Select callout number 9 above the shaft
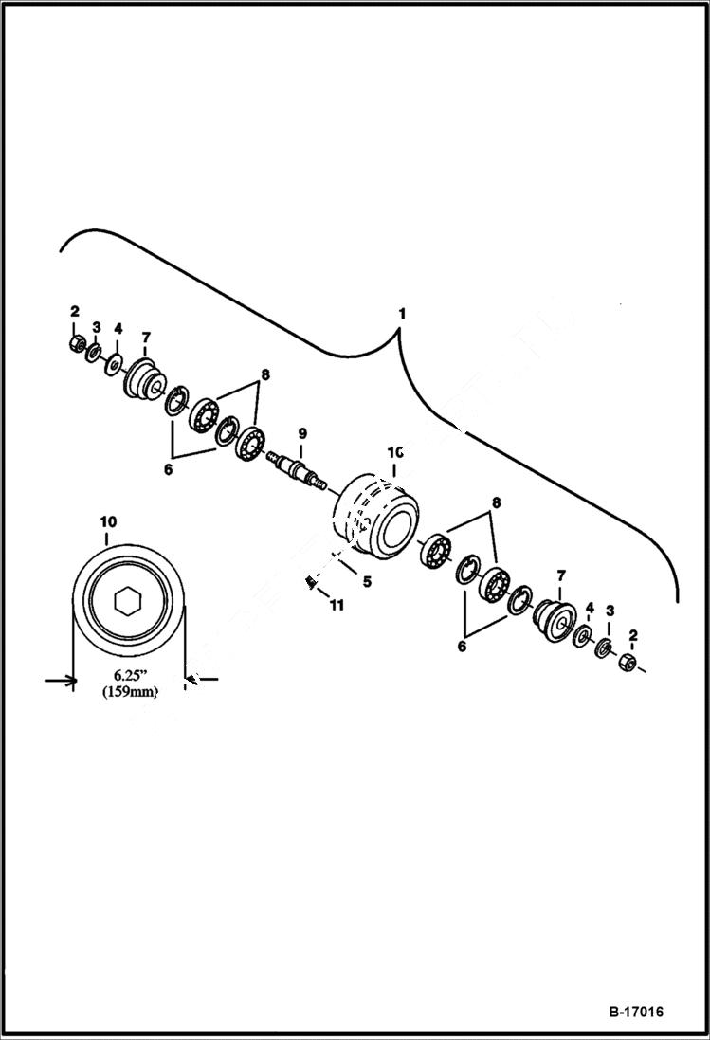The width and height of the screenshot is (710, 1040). pos(302,433)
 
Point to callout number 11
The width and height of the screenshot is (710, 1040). pos(337,604)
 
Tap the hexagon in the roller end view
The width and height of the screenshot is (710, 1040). pos(127,600)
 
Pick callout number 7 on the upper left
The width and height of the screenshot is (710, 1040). pos(146,337)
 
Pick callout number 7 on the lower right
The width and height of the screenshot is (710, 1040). pos(560,575)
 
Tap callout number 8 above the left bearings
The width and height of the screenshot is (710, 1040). pos(265,374)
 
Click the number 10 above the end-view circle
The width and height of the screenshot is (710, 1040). pos(107,522)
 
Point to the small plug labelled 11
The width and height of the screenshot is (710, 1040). pos(310,582)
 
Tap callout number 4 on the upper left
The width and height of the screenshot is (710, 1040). pos(118,328)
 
